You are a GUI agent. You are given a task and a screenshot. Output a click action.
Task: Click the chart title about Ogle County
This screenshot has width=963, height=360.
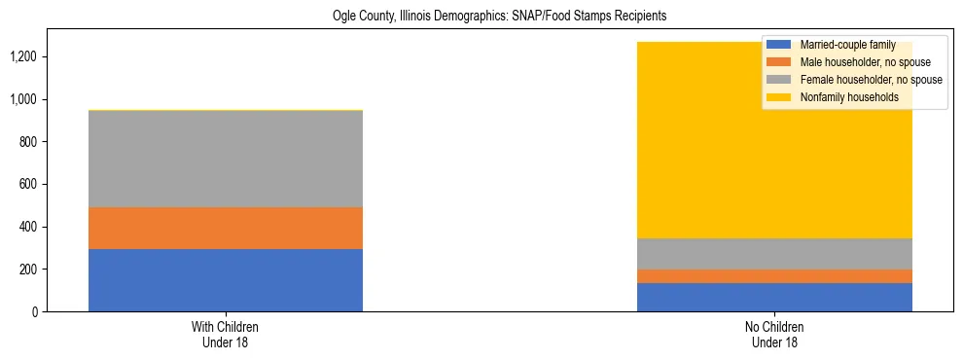(x=481, y=17)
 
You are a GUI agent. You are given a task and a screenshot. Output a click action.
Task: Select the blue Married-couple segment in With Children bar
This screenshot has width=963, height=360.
(x=226, y=280)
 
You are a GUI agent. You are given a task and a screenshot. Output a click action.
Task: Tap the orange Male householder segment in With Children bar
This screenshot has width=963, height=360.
(x=226, y=229)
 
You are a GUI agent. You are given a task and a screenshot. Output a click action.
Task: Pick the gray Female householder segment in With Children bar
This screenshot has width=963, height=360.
(x=226, y=159)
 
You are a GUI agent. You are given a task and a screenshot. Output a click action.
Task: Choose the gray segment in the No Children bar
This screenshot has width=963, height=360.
(x=774, y=254)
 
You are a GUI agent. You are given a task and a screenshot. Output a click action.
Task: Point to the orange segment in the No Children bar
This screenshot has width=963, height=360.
(x=774, y=276)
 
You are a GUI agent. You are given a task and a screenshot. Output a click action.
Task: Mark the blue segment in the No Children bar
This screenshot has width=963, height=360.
(x=774, y=297)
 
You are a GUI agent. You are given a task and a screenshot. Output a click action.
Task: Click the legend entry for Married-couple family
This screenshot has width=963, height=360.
(x=854, y=45)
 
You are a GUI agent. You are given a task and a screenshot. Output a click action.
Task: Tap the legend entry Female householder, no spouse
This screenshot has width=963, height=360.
(x=871, y=80)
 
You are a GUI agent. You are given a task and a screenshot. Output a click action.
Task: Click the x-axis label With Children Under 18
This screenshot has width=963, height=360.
(x=226, y=335)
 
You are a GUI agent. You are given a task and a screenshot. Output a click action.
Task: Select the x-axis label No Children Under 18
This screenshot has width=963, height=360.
(x=774, y=335)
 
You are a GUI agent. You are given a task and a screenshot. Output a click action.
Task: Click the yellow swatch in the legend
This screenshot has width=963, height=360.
(x=779, y=97)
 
